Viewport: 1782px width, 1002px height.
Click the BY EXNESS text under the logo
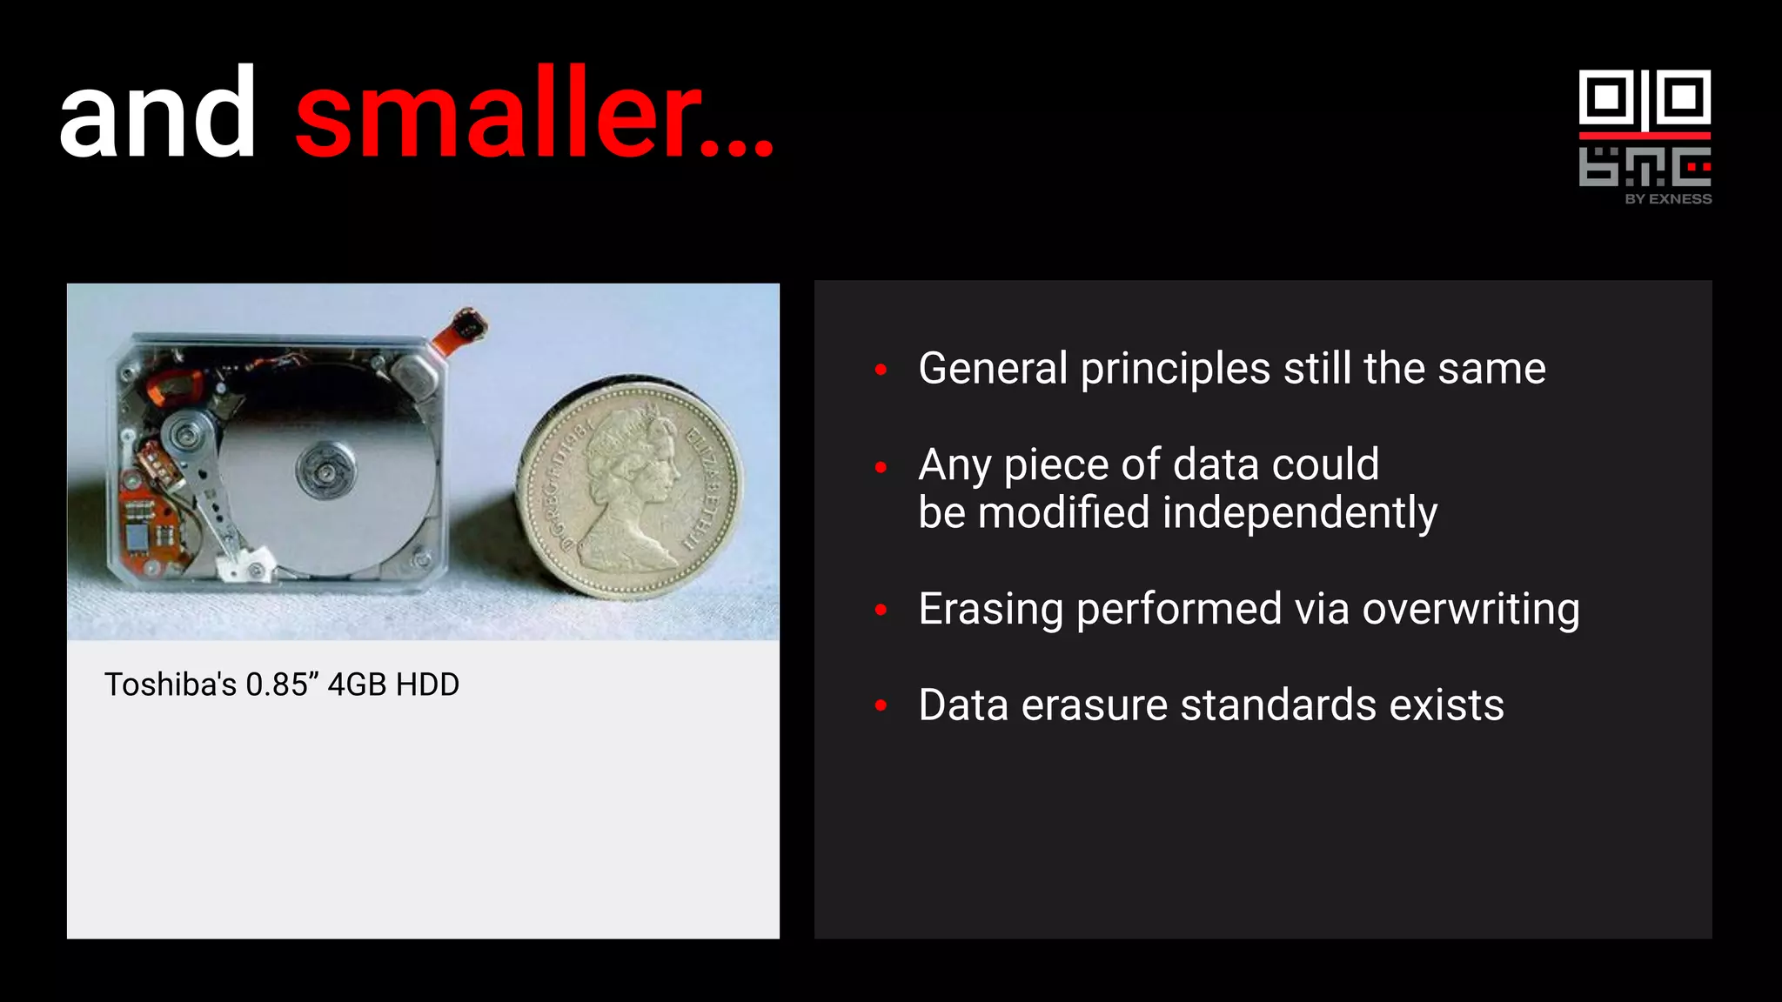(x=1668, y=199)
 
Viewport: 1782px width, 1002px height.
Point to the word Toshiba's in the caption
(x=171, y=685)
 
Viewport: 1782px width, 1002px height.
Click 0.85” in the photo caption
(x=277, y=685)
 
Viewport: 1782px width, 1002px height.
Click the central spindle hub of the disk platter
(x=325, y=471)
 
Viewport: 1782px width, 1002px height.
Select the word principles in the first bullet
(x=1175, y=369)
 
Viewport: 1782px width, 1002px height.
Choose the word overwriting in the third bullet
(x=1470, y=609)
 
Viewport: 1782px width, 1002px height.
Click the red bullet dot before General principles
(x=881, y=370)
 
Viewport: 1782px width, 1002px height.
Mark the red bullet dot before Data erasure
(x=881, y=705)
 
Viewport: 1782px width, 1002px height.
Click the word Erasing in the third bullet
(x=990, y=609)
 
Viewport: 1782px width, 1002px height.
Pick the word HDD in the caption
(x=427, y=685)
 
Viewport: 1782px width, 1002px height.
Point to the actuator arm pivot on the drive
(x=186, y=432)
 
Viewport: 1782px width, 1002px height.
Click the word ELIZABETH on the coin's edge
(x=706, y=488)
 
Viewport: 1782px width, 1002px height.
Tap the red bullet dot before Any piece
(x=881, y=467)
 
